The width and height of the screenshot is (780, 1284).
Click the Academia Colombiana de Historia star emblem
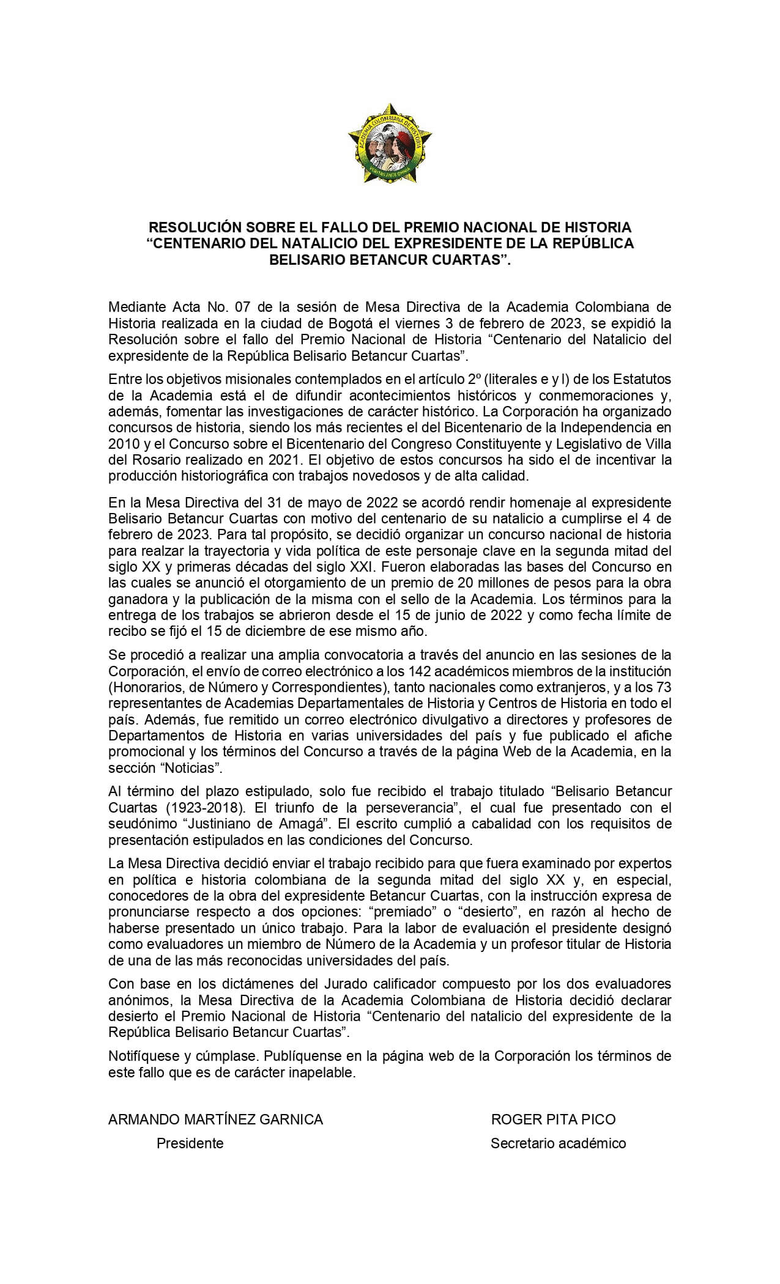pos(390,146)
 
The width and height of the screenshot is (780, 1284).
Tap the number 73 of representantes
pos(663,687)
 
